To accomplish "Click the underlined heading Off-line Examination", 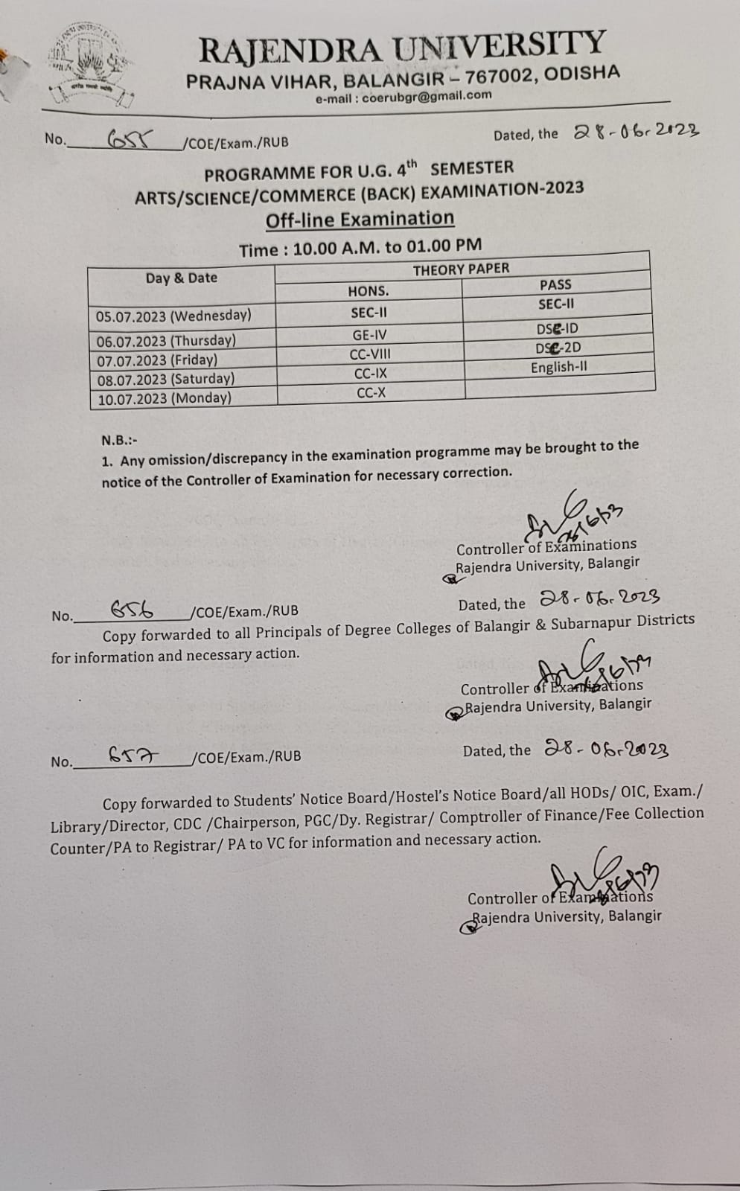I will (x=360, y=220).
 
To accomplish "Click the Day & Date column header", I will (x=182, y=278).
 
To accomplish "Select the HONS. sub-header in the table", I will (x=369, y=291).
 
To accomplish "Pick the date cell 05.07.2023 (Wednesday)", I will (x=173, y=316).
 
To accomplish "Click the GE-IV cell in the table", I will (x=369, y=335).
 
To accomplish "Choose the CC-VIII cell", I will (x=370, y=354).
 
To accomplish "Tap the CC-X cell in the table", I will (x=371, y=393).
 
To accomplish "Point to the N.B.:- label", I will (x=119, y=441).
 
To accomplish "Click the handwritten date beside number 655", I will (x=637, y=131).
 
